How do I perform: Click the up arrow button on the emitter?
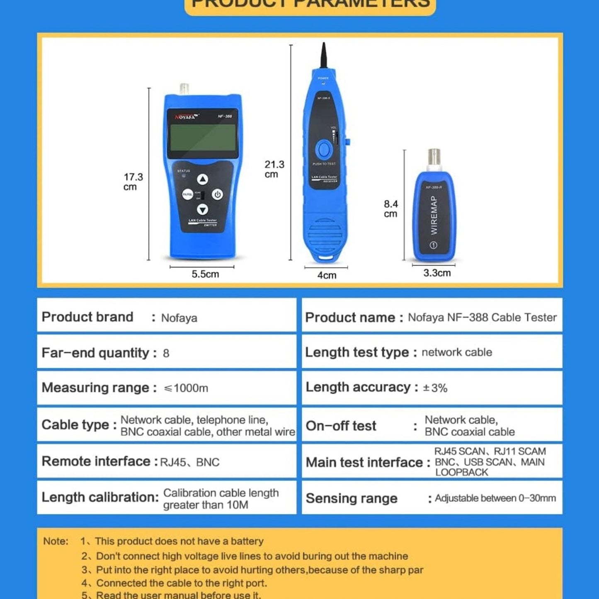(202, 179)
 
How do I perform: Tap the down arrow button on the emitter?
(202, 209)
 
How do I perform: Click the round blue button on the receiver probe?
(324, 149)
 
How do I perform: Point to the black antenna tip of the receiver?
(324, 54)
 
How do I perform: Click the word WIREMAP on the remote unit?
(434, 215)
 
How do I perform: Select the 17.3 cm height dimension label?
(133, 182)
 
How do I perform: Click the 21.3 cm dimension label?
(274, 169)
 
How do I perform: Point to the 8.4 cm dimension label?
(390, 209)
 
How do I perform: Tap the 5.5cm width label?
(205, 274)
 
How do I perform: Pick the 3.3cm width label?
(437, 273)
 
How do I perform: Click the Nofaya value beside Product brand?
(179, 318)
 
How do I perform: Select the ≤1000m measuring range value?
(186, 388)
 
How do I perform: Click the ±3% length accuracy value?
(435, 388)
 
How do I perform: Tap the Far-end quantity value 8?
(166, 353)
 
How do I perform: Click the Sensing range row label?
(352, 498)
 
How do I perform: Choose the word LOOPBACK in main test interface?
(461, 473)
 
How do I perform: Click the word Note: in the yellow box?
(56, 541)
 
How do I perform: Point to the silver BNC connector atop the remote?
(434, 160)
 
